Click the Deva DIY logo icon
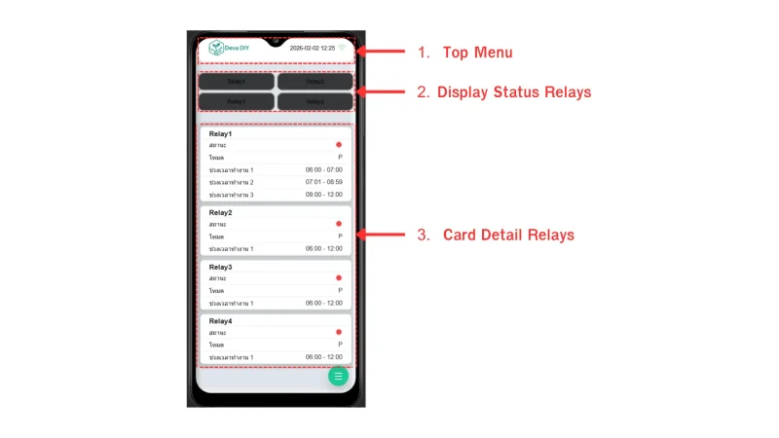(x=216, y=47)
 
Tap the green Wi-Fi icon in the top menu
(x=342, y=47)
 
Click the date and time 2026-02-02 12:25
(x=312, y=47)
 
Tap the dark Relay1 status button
(x=237, y=82)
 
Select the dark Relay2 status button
(x=315, y=82)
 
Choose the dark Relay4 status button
(x=315, y=101)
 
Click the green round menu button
(x=338, y=376)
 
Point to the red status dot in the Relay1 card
(x=339, y=145)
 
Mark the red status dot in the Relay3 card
(x=339, y=278)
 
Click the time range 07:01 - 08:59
(x=323, y=182)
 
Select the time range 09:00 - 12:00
(x=323, y=195)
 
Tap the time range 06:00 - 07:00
(x=323, y=169)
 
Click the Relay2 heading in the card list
(x=220, y=212)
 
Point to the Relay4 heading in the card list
(x=220, y=320)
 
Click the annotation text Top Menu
(x=477, y=52)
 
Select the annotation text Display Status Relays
(x=513, y=92)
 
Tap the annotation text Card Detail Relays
(x=507, y=235)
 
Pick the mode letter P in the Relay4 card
(x=340, y=345)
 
